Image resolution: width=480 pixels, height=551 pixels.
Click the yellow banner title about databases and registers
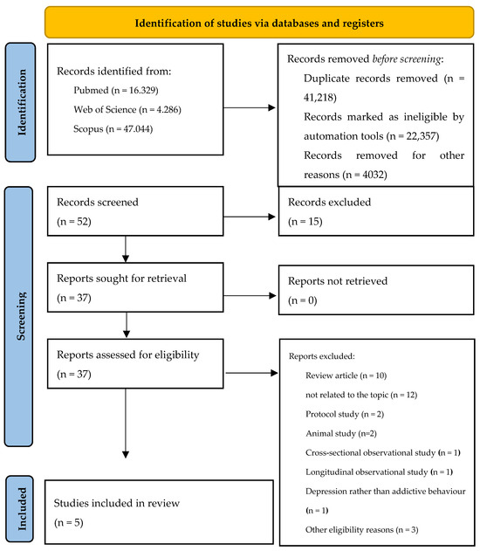pos(259,24)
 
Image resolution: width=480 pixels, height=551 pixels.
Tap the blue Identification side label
pos(22,102)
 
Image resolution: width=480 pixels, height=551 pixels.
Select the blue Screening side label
pos(21,316)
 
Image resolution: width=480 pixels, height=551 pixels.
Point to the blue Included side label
pos(22,509)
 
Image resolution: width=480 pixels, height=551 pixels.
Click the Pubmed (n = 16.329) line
pos(116,90)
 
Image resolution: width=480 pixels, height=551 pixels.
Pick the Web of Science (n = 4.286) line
pos(127,110)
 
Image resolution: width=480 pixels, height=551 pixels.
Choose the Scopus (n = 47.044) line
pos(113,129)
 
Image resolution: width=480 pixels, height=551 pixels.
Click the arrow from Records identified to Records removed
pos(250,107)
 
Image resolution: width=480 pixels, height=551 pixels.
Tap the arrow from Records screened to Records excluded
pos(250,217)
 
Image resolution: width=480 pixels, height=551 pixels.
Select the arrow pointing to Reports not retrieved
pos(250,295)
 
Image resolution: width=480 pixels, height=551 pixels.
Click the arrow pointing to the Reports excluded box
pos(251,373)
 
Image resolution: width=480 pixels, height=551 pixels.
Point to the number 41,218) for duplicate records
pos(320,97)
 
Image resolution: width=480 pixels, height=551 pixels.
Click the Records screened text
pos(98,202)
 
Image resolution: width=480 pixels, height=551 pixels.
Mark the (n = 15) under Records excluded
pos(305,222)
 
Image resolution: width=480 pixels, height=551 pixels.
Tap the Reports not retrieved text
pos(338,281)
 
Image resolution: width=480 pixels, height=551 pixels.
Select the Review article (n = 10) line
pos(346,375)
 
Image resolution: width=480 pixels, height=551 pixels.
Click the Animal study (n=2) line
pos(341,433)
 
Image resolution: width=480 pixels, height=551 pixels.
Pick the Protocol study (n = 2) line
pos(345,414)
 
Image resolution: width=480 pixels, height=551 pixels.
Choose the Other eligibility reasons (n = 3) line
pos(361,529)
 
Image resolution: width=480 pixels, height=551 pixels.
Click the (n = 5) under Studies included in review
pos(69,522)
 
